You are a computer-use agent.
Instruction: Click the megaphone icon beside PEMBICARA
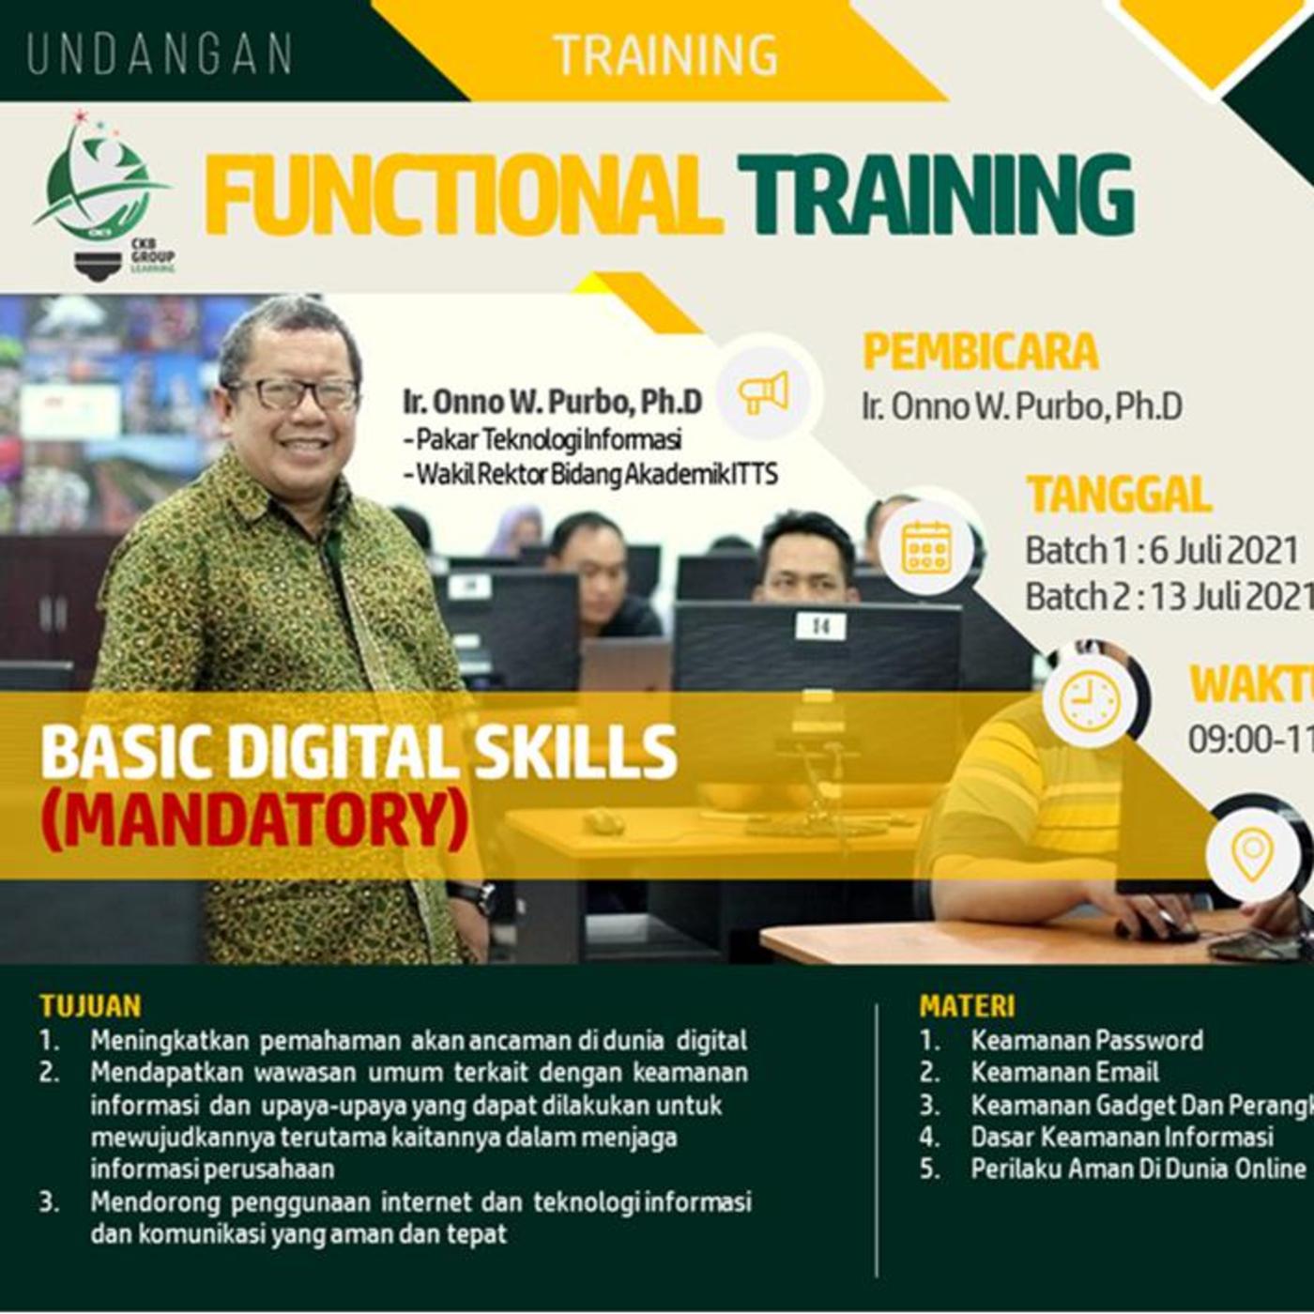763,392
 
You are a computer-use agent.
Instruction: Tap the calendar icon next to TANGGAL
925,547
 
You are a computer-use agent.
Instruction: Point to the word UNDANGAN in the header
160,54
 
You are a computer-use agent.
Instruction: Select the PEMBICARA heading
980,352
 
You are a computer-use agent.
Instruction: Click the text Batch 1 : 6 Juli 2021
1162,550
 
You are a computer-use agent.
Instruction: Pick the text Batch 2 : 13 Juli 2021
1168,596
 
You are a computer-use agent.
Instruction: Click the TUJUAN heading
90,1006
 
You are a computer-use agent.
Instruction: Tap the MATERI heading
967,1006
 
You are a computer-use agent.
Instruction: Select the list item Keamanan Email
1064,1072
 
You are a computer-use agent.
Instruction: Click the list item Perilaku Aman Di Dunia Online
1138,1169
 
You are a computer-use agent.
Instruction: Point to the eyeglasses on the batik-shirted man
292,393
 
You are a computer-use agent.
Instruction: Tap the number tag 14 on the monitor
821,625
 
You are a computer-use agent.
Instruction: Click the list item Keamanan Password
1086,1040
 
